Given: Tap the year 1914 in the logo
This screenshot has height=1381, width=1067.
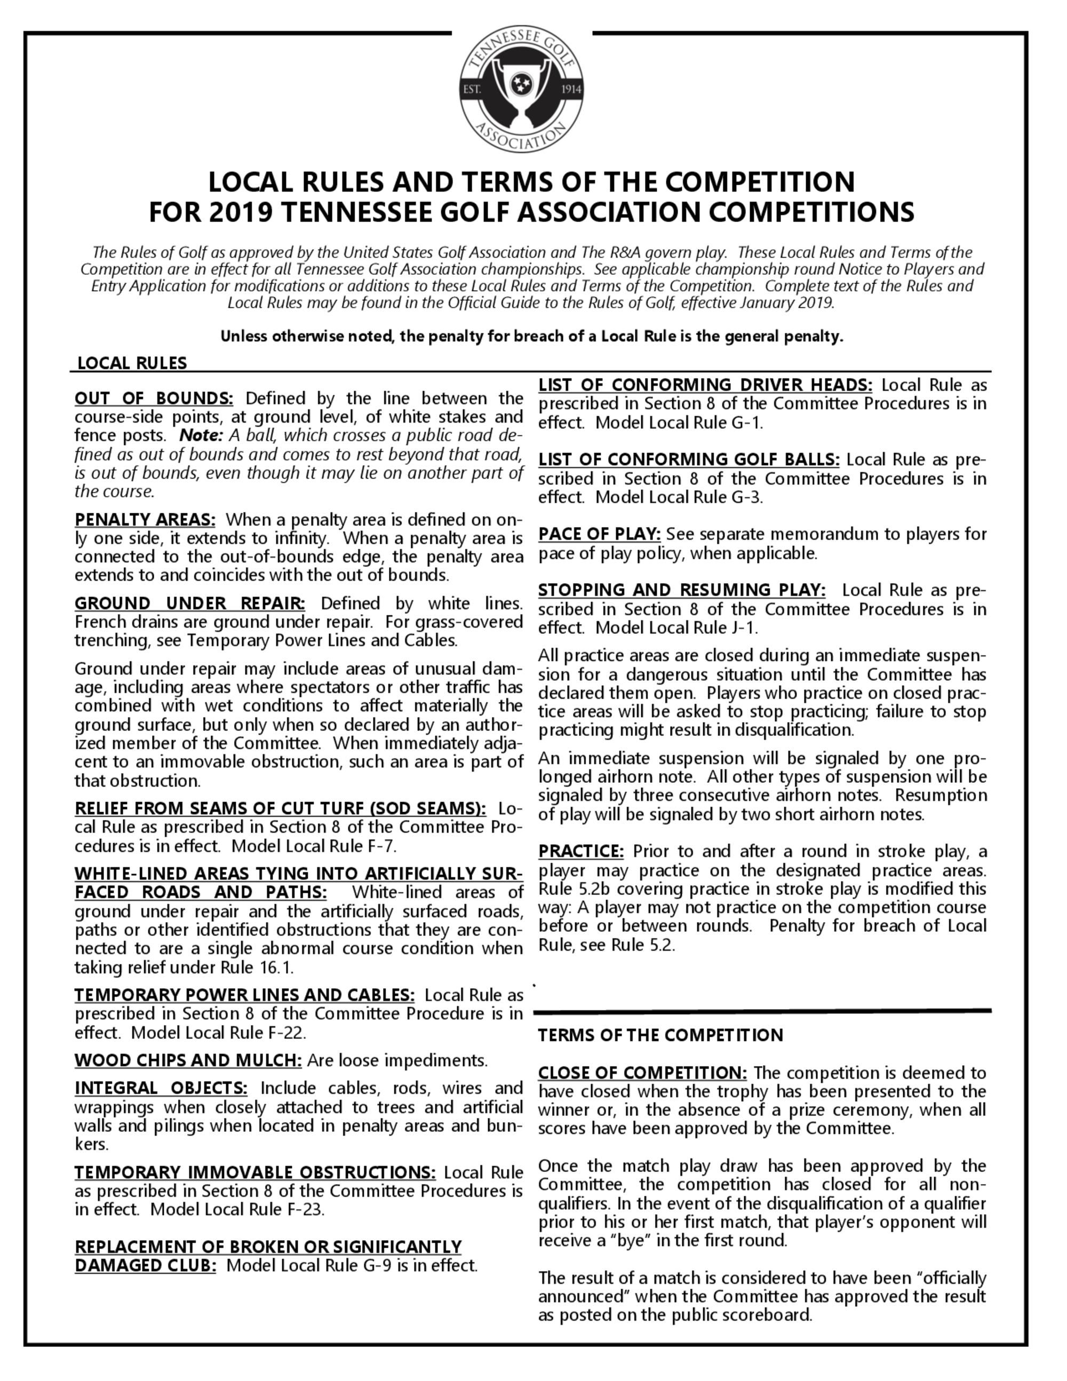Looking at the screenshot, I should click(x=571, y=90).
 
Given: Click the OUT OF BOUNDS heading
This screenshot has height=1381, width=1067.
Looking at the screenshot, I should click(x=154, y=399).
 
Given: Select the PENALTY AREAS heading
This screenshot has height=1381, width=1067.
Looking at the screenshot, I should click(x=145, y=520).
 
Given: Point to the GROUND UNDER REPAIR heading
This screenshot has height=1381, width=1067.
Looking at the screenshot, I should click(x=189, y=603).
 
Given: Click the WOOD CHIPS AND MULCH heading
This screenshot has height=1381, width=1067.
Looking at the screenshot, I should click(x=188, y=1060).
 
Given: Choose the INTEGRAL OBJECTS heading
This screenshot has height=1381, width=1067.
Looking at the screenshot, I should click(x=161, y=1088).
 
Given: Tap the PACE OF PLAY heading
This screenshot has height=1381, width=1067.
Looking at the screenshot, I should click(x=599, y=534).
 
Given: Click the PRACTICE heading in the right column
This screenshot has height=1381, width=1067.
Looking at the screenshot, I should click(x=581, y=852).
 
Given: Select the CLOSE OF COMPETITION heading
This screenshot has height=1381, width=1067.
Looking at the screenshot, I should click(x=642, y=1073).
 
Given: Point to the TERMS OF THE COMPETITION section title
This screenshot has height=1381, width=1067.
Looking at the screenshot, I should click(x=660, y=1035).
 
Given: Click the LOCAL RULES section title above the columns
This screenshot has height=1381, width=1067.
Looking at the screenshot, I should click(x=132, y=363).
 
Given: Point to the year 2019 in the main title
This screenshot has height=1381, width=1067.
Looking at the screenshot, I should click(x=240, y=212).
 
